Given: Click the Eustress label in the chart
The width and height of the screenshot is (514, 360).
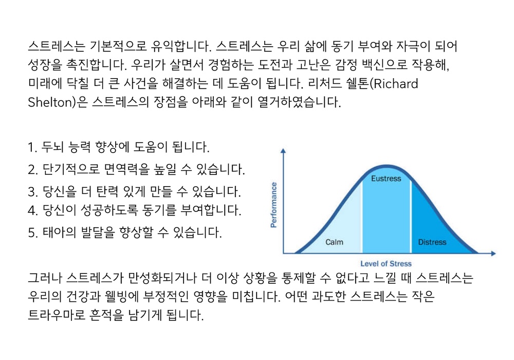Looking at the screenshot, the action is point(386,178).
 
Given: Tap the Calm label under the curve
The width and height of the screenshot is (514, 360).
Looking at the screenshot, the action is point(334,242).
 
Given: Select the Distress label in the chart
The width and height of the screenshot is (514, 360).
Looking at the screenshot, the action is point(432,242).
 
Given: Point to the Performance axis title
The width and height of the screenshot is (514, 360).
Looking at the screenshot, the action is point(273,205).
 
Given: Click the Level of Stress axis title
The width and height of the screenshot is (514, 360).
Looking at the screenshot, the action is point(386,264).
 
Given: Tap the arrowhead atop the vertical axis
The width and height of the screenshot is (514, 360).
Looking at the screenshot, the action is point(283,151).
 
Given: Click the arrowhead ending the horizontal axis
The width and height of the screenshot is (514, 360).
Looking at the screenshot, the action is point(493,253).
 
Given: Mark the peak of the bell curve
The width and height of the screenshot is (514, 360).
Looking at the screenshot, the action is point(387,166).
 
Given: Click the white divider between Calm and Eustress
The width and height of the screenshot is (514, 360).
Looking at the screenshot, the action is point(362,217).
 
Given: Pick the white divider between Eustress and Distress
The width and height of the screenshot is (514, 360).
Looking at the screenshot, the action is point(411,217).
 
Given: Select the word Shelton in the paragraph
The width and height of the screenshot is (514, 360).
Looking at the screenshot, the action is point(50,102).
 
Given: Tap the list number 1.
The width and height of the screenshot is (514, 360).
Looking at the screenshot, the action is point(32,148).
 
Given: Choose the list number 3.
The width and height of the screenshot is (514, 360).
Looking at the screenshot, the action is point(32,192).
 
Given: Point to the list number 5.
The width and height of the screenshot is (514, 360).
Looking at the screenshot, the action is point(32,233).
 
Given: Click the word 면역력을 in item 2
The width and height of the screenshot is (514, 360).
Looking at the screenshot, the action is point(126,169).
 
